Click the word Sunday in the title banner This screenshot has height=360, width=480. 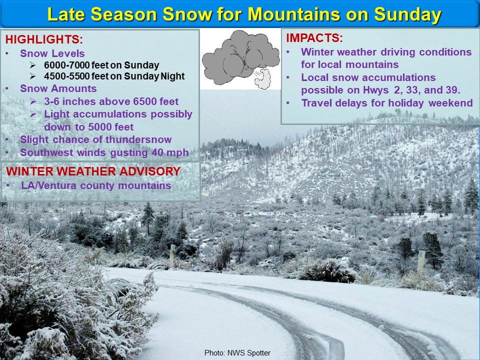pos(407,14)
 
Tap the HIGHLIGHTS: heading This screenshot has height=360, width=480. pos(44,39)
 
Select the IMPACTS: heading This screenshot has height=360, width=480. pos(314,38)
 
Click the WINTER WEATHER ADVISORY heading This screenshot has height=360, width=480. pos(93,171)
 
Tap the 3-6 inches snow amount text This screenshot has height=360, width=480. pos(69,101)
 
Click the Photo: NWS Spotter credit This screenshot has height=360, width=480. pos(237,353)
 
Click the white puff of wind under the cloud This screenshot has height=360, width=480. pos(262,78)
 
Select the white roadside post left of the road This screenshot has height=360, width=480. pos(172,255)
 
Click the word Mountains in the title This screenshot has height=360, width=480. pos(293,14)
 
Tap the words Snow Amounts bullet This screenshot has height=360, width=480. pos(58,88)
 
